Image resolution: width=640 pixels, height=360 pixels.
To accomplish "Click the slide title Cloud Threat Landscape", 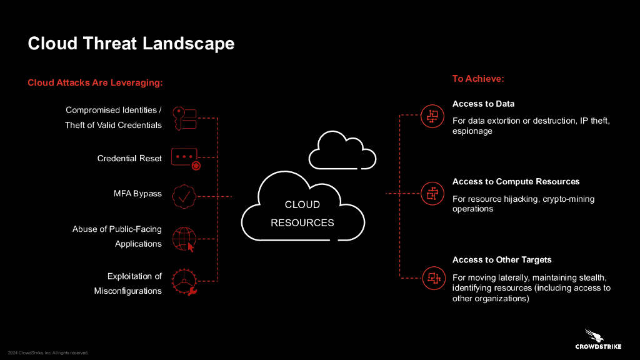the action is (131, 43).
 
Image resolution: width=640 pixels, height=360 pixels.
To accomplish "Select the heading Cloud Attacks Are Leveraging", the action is (95, 82).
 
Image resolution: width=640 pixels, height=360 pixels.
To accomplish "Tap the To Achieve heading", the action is (478, 78).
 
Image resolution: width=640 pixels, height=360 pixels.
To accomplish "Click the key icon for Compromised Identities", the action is (184, 118).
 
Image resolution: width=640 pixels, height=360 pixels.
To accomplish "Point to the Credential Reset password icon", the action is (186, 158).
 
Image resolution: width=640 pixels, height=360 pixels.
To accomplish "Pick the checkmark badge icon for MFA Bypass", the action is (184, 196).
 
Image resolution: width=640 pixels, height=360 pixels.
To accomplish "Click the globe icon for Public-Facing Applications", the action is (184, 239).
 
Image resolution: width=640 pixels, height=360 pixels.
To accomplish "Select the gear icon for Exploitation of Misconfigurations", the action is (184, 282).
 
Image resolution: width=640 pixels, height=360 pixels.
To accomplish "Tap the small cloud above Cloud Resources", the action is (342, 150).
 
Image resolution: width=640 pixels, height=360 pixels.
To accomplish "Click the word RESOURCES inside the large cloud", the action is (302, 223).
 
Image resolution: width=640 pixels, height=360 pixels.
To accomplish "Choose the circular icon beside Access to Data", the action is (432, 116).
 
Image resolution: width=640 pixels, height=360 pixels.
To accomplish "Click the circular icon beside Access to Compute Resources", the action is (432, 194).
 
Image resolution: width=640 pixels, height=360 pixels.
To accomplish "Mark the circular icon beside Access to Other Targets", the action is (434, 278).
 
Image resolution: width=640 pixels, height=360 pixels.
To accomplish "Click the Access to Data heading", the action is (483, 104).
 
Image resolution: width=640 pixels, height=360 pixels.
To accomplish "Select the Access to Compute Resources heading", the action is (516, 182).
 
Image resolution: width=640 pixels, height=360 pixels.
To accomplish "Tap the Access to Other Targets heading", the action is (502, 259).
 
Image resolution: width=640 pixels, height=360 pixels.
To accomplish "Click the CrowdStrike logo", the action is (598, 339).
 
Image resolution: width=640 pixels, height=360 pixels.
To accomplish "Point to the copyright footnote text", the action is (48, 352).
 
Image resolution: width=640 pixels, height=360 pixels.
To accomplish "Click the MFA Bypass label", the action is (137, 194).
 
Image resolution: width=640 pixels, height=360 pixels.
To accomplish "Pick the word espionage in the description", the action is (472, 131).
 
